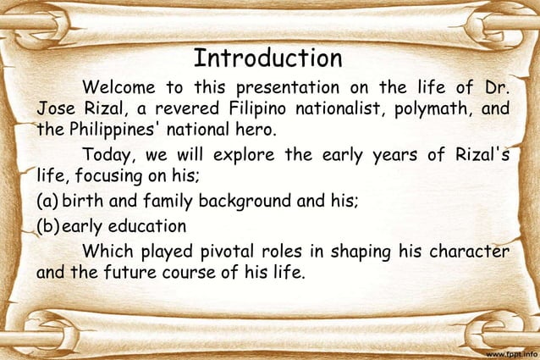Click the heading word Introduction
pyautogui.click(x=267, y=58)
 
